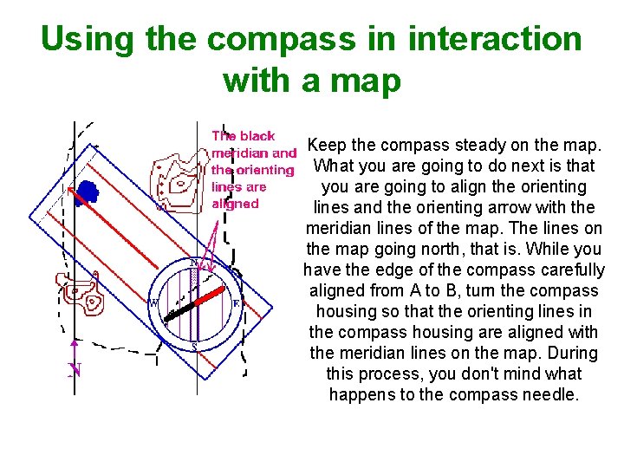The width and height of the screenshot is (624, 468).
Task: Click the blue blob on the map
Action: [x=86, y=191]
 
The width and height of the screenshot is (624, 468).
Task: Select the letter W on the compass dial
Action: [x=154, y=303]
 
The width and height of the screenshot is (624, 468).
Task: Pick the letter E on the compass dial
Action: [x=236, y=303]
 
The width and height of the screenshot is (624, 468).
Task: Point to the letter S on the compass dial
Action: [x=194, y=347]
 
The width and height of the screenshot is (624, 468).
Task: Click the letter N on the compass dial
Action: [x=194, y=262]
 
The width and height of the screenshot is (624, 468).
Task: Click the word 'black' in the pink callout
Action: [x=257, y=136]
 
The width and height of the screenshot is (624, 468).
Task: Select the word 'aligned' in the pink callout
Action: [x=235, y=204]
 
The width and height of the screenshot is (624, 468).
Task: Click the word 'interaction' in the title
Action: [x=495, y=40]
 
